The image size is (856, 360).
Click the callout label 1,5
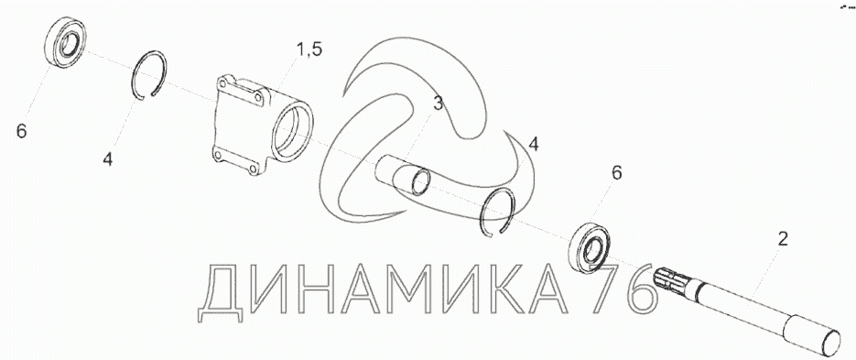[309, 49]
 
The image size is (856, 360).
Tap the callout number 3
[439, 104]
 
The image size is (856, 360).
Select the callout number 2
[782, 239]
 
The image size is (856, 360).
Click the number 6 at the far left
[21, 131]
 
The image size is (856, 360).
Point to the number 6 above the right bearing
[616, 173]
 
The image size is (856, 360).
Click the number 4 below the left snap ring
[108, 159]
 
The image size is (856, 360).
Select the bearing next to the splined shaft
[589, 248]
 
